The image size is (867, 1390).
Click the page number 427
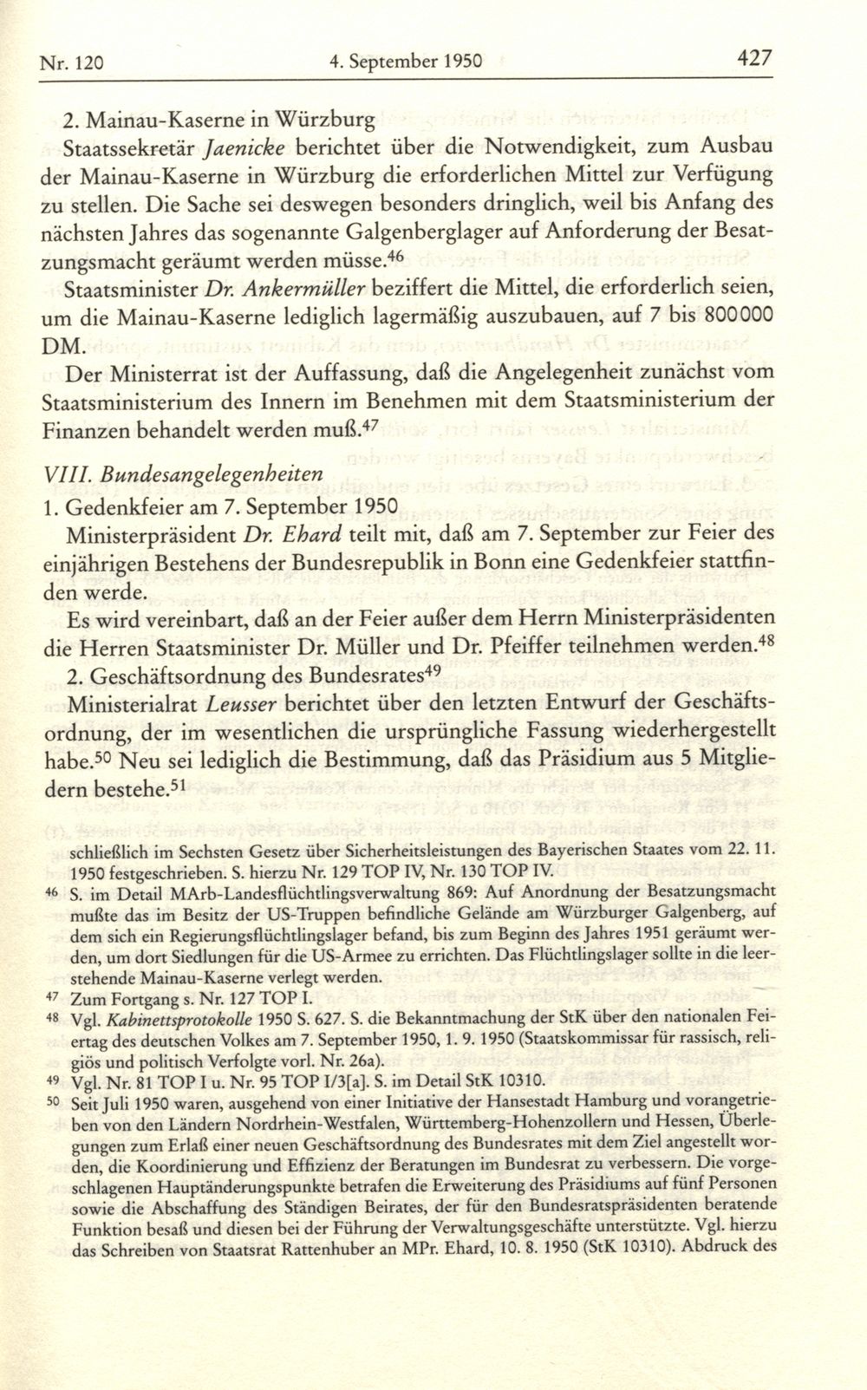(753, 59)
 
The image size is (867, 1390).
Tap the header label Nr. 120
(73, 62)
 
